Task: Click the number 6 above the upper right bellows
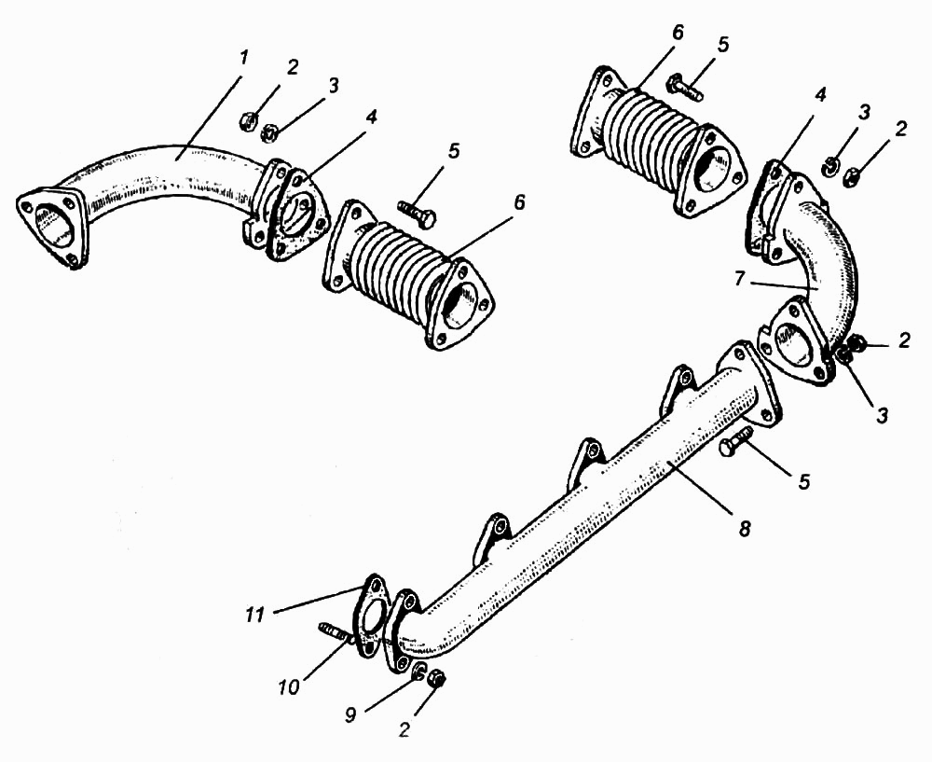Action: pyautogui.click(x=677, y=32)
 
